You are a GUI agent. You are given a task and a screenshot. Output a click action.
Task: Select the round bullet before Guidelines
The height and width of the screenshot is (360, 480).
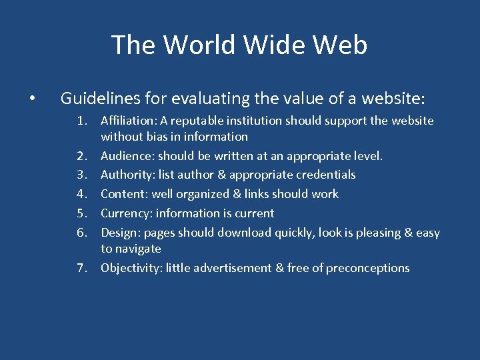32,99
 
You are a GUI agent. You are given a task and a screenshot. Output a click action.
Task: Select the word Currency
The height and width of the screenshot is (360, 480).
126,213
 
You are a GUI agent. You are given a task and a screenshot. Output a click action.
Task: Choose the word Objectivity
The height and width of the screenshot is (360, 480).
131,268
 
